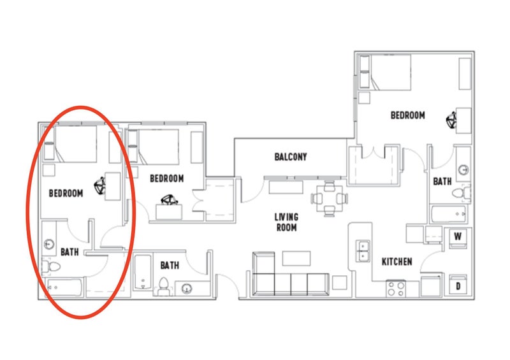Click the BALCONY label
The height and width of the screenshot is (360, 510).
[x=291, y=157]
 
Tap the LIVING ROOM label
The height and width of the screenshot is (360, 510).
[x=286, y=222]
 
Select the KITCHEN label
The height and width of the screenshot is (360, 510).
[x=397, y=261]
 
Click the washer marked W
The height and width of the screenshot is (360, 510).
[x=458, y=238]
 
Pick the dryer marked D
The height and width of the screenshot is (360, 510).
[x=458, y=285]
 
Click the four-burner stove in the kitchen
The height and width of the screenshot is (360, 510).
[x=396, y=289]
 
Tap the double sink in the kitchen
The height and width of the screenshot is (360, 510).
[x=363, y=251]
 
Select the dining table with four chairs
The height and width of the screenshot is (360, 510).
[x=330, y=198]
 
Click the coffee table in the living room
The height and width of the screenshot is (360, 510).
[x=296, y=258]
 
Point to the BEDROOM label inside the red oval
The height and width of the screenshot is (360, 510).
[x=66, y=193]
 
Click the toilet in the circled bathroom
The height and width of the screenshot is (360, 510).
[x=51, y=267]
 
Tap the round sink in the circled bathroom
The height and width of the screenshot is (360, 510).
[x=49, y=243]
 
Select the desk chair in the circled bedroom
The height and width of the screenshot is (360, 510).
[x=100, y=186]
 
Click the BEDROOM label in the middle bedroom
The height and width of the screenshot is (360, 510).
[x=167, y=178]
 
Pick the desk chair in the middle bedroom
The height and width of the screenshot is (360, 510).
[x=169, y=200]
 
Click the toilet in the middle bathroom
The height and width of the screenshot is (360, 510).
[x=164, y=285]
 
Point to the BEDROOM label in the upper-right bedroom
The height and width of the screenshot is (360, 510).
[x=407, y=115]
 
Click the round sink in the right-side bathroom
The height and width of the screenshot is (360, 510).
[x=463, y=169]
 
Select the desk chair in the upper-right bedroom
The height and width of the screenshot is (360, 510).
[x=451, y=120]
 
